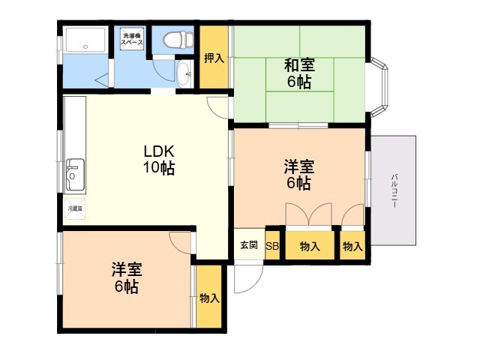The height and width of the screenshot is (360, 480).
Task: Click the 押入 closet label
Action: click(x=214, y=58)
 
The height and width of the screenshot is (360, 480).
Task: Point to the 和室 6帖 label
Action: click(x=298, y=73)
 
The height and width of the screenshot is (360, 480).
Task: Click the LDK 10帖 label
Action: click(x=159, y=160)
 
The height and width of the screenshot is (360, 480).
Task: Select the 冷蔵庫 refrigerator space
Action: click(x=75, y=208)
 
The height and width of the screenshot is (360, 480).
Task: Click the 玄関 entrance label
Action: click(x=248, y=245)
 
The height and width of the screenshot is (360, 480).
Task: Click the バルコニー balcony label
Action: click(x=394, y=190)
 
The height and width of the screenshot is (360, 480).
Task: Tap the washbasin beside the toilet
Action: click(x=184, y=73)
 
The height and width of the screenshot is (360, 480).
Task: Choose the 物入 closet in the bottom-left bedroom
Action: click(x=209, y=298)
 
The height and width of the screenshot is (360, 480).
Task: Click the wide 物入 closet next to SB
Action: click(x=309, y=246)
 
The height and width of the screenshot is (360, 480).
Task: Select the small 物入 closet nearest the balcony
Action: click(x=352, y=246)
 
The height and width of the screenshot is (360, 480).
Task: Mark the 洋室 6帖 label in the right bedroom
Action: click(x=298, y=174)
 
